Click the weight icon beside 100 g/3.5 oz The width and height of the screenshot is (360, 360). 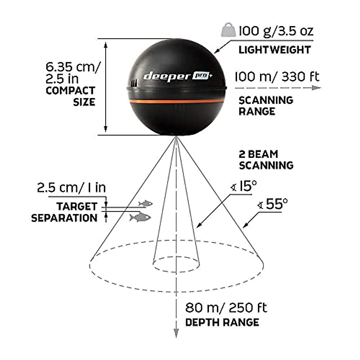[228, 30]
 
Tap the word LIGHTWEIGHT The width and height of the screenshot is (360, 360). [274, 50]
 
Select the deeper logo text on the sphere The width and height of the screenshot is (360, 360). [167, 76]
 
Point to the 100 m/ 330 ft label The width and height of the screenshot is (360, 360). [277, 77]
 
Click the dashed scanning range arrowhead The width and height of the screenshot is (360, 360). [316, 88]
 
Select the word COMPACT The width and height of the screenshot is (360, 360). [70, 91]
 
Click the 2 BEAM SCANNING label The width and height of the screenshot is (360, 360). [266, 160]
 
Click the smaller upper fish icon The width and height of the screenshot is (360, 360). [145, 204]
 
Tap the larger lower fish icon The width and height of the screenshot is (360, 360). [140, 217]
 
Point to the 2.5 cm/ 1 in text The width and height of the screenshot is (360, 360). [71, 188]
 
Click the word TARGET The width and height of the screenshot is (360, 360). [77, 206]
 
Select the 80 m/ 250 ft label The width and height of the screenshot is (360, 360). [226, 308]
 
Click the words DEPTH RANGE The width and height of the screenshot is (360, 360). [222, 322]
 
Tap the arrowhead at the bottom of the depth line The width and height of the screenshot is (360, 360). [176, 333]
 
